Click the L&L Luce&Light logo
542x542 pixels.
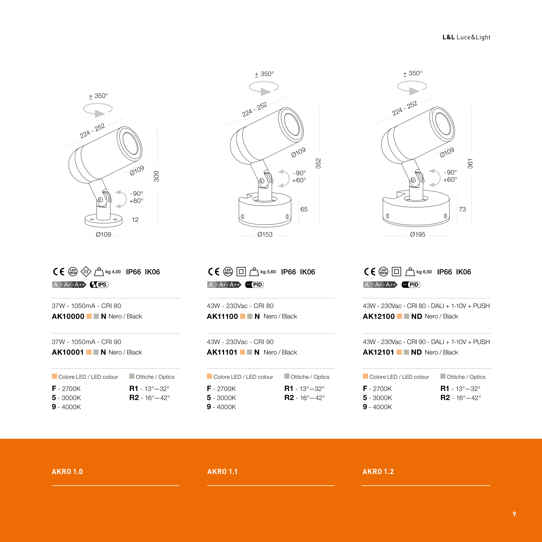click(x=466, y=37)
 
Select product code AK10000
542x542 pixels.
click(x=68, y=316)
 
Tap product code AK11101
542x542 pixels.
click(x=222, y=352)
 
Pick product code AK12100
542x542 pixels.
click(x=379, y=316)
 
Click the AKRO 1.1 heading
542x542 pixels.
click(x=222, y=472)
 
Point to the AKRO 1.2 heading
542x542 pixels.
click(x=378, y=472)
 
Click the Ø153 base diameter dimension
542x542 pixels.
click(x=265, y=234)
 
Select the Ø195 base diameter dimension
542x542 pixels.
click(x=417, y=234)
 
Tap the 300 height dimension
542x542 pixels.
click(x=157, y=176)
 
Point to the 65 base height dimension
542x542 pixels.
click(x=304, y=209)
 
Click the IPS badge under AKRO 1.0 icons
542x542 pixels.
click(x=99, y=285)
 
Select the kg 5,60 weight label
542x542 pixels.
click(x=268, y=272)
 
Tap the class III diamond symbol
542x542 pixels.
click(x=86, y=272)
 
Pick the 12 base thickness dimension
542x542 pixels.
click(x=135, y=220)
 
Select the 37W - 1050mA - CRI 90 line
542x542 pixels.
click(x=86, y=342)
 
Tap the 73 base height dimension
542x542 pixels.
click(x=462, y=209)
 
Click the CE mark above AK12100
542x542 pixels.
click(x=369, y=272)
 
